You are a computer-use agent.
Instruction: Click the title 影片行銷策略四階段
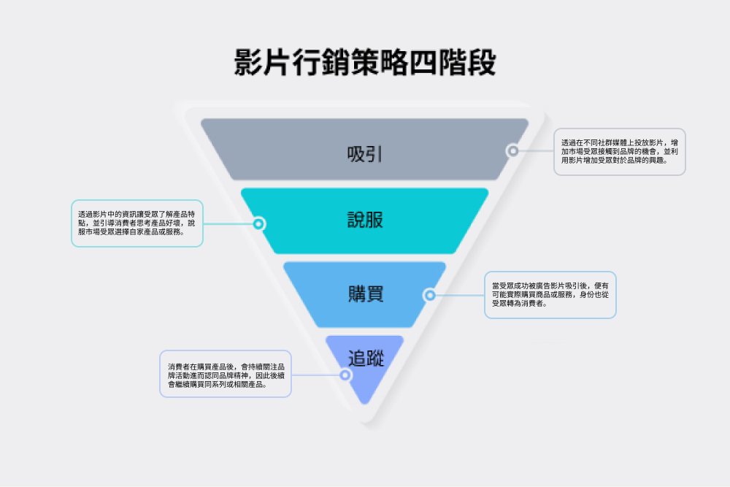click(365, 63)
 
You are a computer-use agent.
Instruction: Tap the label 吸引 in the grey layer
click(365, 155)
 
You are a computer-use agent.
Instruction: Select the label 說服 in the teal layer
click(365, 220)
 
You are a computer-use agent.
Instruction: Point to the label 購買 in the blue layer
click(365, 294)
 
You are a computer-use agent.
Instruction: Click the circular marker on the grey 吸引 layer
click(513, 151)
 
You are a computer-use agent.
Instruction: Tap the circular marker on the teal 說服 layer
click(258, 223)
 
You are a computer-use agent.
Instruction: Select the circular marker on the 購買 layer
click(430, 295)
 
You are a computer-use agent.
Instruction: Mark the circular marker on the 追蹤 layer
click(345, 375)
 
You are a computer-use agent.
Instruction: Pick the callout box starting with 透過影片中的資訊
click(137, 223)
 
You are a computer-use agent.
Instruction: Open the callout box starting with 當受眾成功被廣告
click(550, 295)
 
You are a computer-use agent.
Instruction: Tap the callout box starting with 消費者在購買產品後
click(226, 375)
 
